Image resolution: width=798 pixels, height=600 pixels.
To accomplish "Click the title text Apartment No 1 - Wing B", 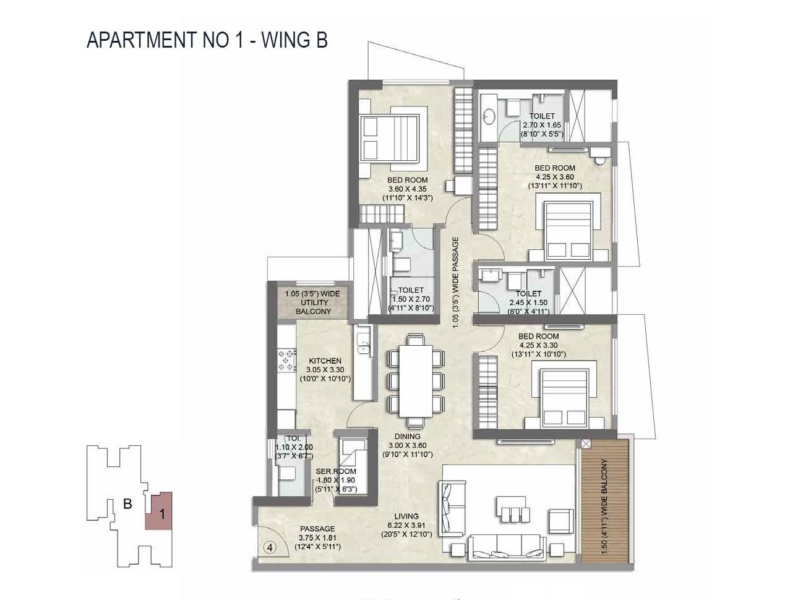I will pos(207,40).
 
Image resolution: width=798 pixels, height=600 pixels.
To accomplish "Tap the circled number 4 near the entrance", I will pos(269,547).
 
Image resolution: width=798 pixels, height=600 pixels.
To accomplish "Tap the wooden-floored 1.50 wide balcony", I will pos(606,500).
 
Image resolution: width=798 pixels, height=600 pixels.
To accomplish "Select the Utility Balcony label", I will pos(312,302).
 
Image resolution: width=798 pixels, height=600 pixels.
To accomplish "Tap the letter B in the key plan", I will pos(127,504).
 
